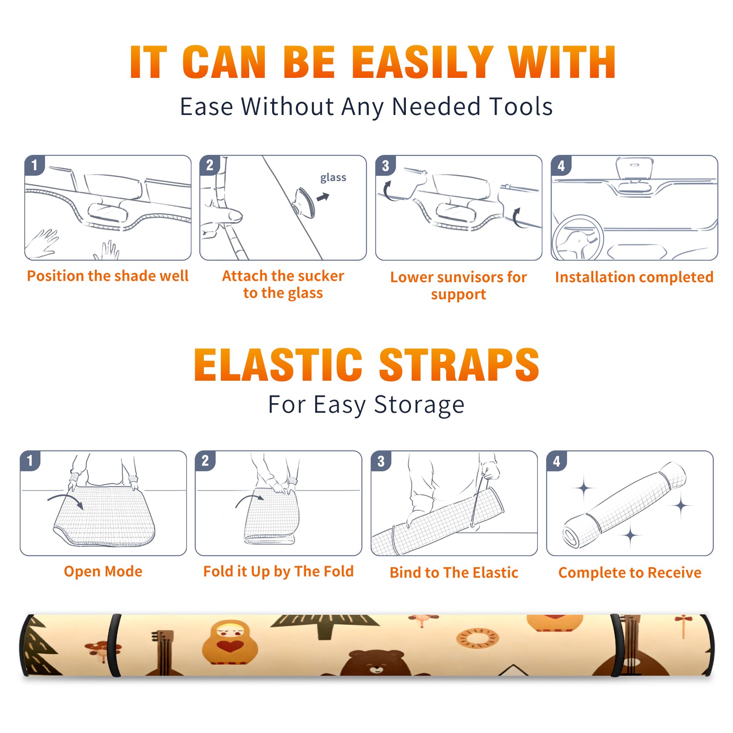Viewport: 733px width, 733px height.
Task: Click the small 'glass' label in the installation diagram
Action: click(x=333, y=178)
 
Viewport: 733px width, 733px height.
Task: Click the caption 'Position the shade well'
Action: click(x=108, y=276)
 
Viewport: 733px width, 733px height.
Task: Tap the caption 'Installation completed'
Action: click(x=634, y=277)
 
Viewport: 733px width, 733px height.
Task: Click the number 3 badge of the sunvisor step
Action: click(x=385, y=166)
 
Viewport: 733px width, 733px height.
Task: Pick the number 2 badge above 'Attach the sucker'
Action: click(x=210, y=165)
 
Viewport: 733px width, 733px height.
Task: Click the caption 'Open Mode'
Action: click(x=103, y=571)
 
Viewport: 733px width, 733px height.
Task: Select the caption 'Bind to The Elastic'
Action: click(x=454, y=573)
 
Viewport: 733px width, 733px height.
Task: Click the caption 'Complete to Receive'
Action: click(x=630, y=573)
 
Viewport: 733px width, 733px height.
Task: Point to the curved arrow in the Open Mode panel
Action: click(x=66, y=498)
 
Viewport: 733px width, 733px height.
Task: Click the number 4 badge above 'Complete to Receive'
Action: click(x=557, y=461)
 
